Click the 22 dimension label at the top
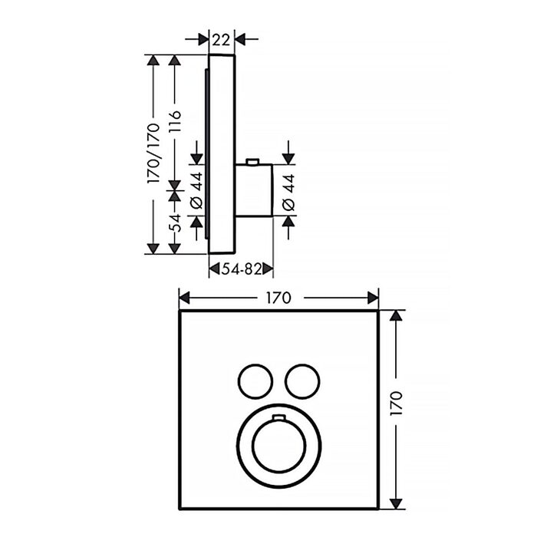(221, 40)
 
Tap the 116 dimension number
(175, 122)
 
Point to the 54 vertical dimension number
(175, 223)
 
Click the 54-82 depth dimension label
(241, 269)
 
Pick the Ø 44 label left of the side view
(196, 191)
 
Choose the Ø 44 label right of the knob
(288, 192)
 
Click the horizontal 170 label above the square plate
(278, 298)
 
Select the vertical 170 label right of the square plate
(396, 404)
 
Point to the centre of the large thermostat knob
(278, 445)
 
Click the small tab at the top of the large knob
(278, 417)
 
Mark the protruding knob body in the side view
(254, 190)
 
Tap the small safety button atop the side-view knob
(252, 161)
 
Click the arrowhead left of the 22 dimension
(203, 39)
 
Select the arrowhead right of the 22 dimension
(239, 39)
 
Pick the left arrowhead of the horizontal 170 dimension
(184, 298)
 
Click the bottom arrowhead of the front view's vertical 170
(396, 504)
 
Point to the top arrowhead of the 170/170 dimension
(153, 60)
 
